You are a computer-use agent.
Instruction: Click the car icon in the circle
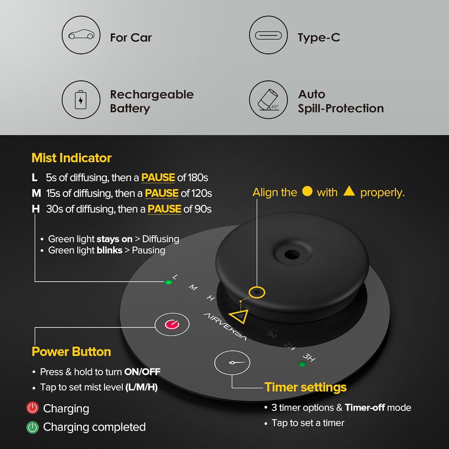tap(81, 35)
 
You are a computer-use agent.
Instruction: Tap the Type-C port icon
tap(269, 35)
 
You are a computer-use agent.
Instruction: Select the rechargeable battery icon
tap(81, 100)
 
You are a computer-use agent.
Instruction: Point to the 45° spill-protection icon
tap(269, 100)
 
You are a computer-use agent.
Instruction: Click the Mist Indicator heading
tap(72, 158)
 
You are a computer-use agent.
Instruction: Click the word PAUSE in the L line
tap(158, 178)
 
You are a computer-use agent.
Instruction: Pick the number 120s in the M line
tap(202, 193)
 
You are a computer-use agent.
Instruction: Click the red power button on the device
tap(172, 324)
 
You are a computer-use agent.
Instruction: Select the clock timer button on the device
tap(232, 362)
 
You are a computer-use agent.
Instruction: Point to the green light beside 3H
tap(302, 364)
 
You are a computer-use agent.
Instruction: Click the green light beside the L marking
tap(169, 282)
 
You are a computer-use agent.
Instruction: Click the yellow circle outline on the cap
tap(257, 292)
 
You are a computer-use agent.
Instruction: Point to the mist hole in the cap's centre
tap(292, 255)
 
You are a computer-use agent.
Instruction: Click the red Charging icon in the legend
tap(33, 408)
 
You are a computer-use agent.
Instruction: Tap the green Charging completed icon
tap(33, 427)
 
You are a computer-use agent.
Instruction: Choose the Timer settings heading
tap(306, 387)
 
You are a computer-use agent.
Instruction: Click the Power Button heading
tap(71, 352)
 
